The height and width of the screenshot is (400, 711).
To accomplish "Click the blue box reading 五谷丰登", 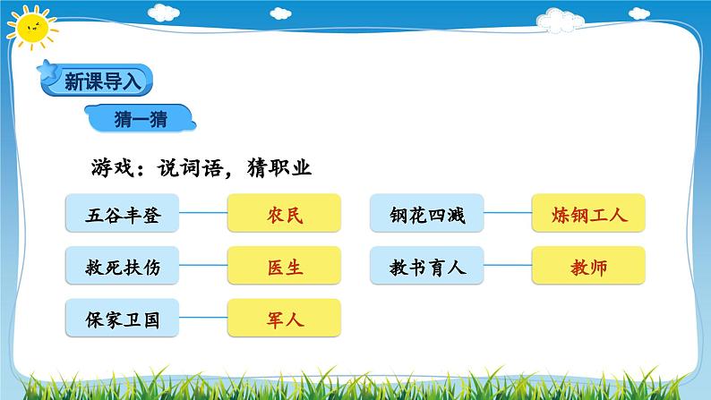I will coord(124,215).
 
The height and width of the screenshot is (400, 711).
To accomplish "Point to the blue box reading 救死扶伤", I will coord(124,267).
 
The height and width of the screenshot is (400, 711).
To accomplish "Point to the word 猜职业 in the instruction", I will coord(278,167).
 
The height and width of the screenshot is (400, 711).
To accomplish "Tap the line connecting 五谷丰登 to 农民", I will coord(204,215).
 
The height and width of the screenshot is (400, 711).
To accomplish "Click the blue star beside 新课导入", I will coord(47,70).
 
